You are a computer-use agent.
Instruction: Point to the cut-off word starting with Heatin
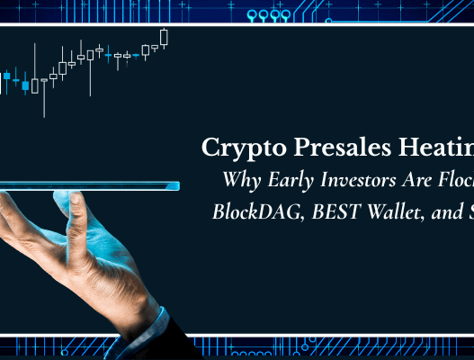(x=436, y=148)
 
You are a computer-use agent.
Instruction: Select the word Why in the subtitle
(x=238, y=179)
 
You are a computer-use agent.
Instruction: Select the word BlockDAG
(x=255, y=212)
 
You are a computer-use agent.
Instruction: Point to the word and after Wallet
(x=437, y=212)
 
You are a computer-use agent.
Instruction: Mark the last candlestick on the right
(x=165, y=37)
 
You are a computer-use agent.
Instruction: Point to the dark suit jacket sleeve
(x=180, y=342)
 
